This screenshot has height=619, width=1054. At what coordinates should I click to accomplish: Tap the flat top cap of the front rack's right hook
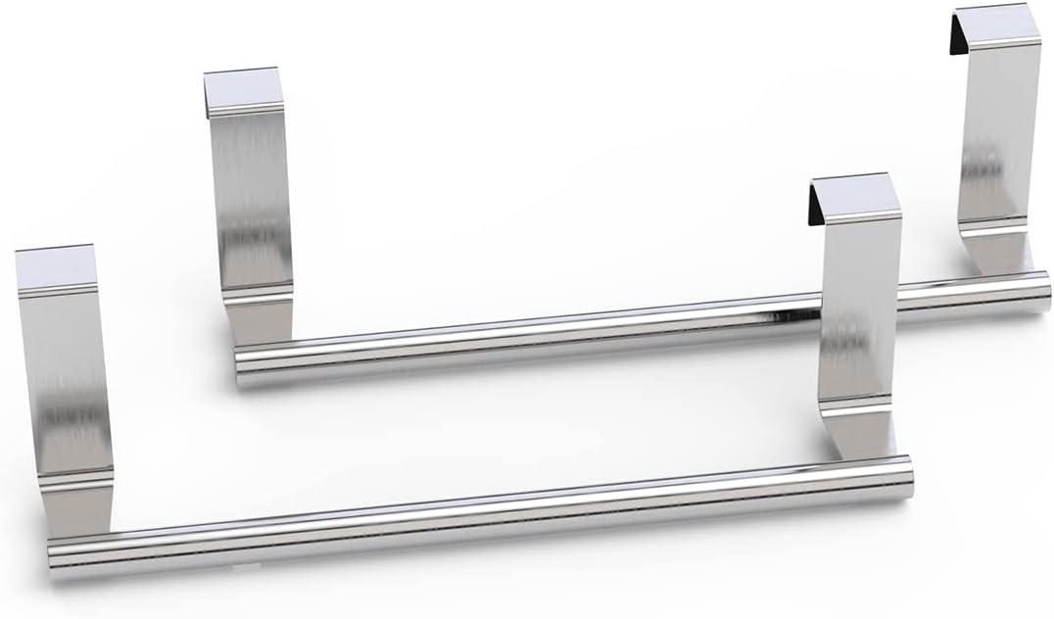(858, 195)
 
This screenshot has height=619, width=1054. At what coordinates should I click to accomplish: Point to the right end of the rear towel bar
(1044, 292)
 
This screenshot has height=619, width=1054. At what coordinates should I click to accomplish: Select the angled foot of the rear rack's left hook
(261, 318)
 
